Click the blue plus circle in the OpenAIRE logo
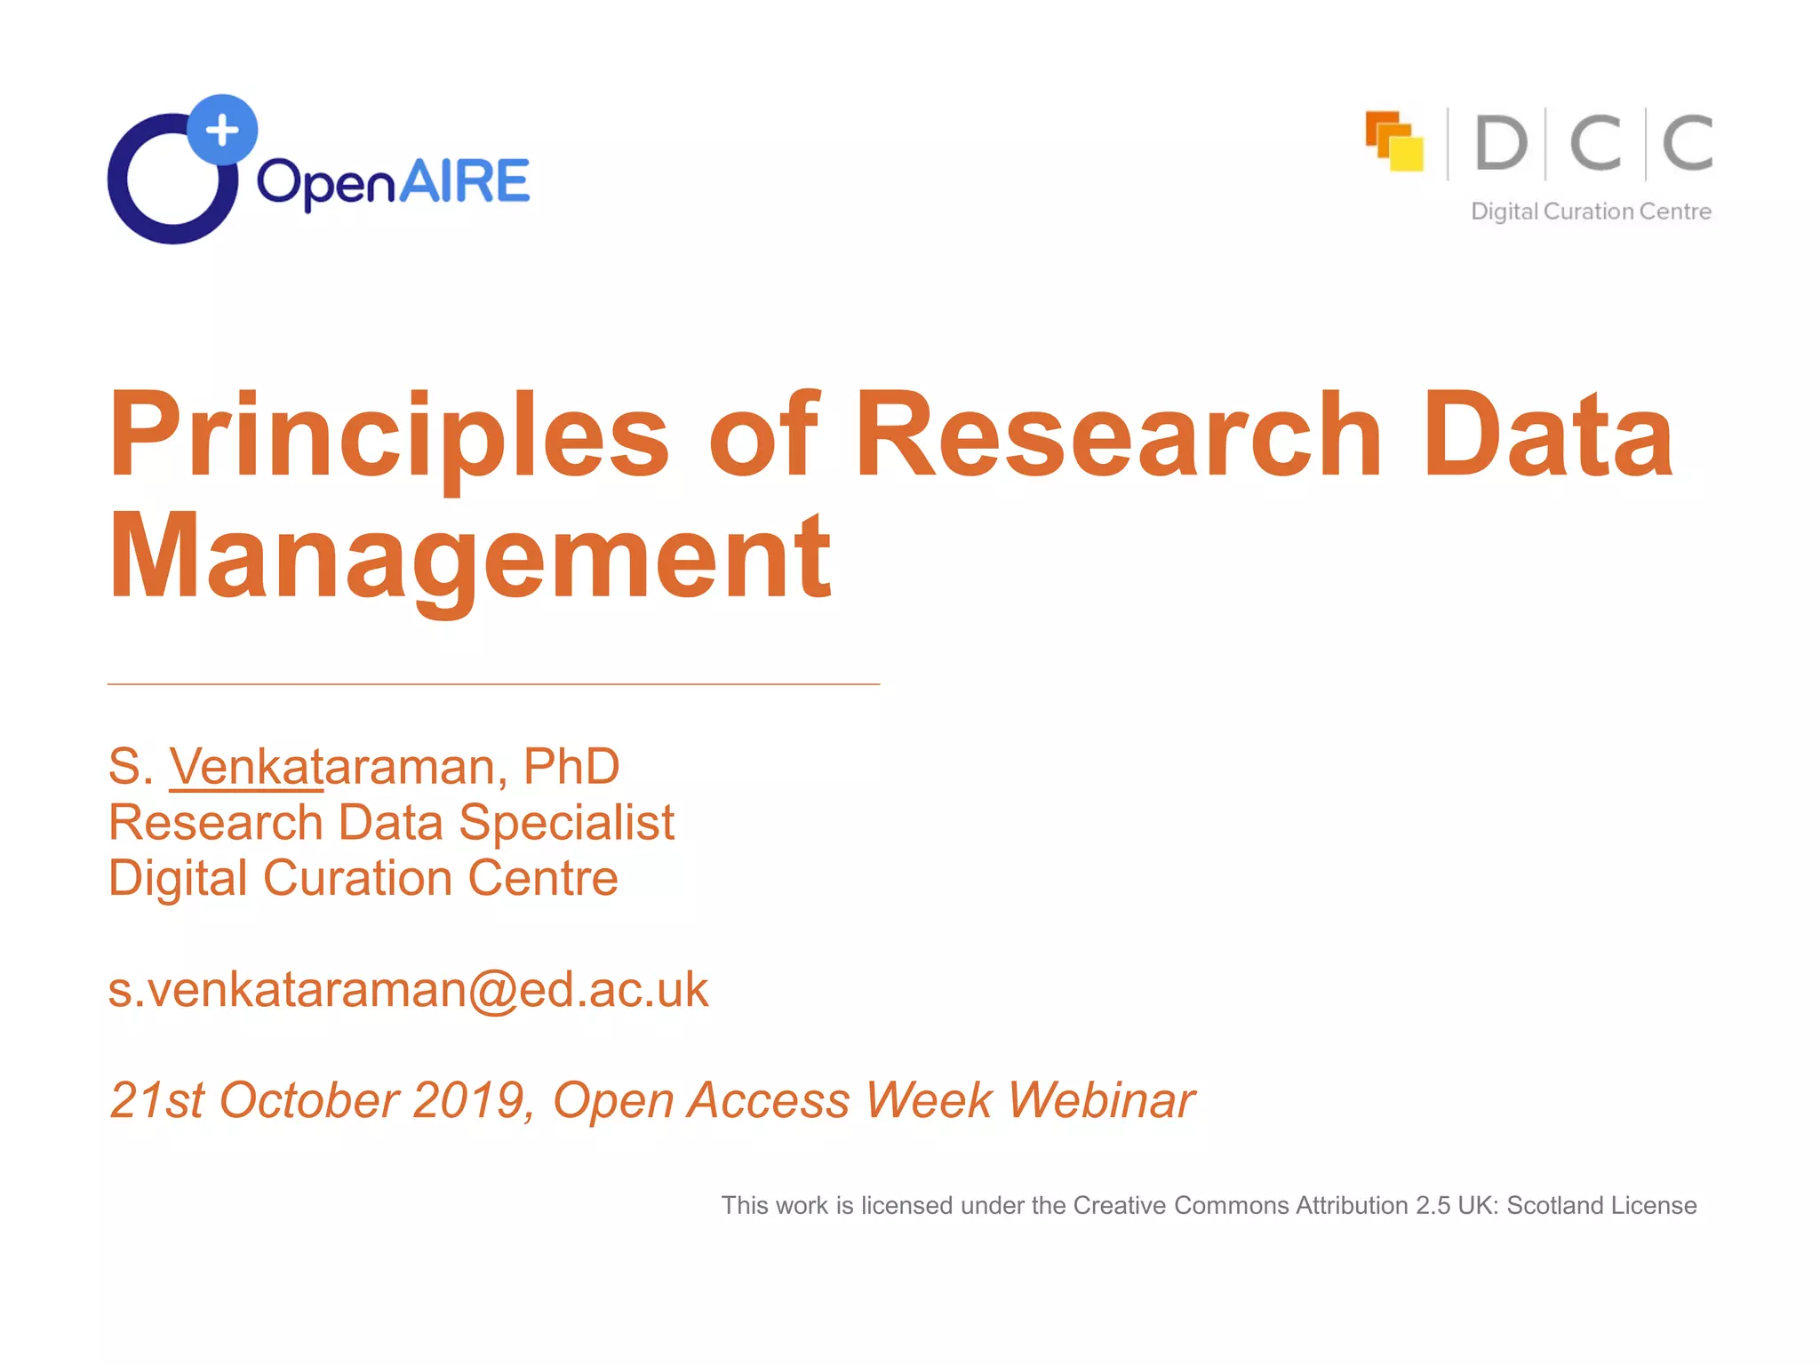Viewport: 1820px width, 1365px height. pos(222,130)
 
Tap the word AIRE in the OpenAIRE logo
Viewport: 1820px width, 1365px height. pos(464,182)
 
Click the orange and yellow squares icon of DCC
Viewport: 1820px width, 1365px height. pos(1393,140)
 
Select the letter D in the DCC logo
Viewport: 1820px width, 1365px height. pos(1501,143)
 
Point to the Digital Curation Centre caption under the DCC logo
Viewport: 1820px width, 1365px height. pos(1591,212)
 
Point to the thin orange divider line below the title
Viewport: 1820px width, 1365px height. pos(493,684)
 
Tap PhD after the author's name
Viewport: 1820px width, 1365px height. pos(571,766)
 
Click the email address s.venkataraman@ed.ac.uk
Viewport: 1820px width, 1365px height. pos(408,989)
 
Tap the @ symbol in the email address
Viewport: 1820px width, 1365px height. pos(492,990)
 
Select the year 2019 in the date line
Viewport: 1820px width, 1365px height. pos(468,1100)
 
